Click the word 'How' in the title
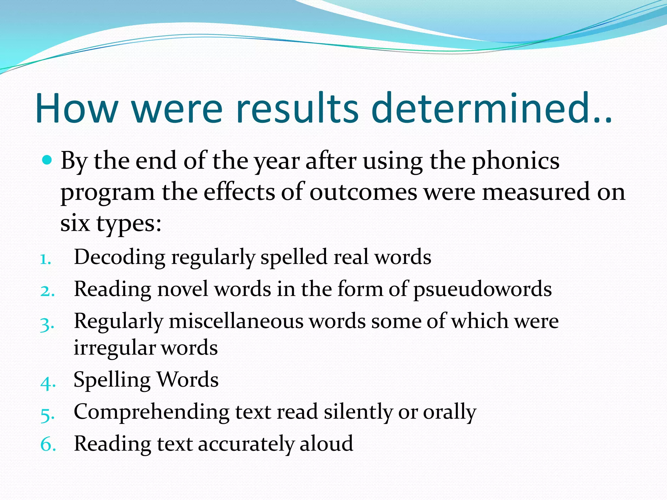point(77,108)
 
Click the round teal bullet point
point(48,160)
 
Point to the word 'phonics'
point(516,161)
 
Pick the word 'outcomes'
point(363,192)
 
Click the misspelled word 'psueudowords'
point(482,289)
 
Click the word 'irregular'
point(114,347)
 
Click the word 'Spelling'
point(112,380)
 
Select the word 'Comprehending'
point(151,412)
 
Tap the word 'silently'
point(358,412)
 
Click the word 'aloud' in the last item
point(326,443)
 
